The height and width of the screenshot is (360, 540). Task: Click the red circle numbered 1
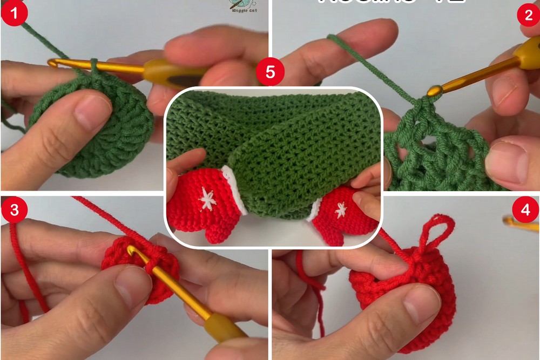[14, 15]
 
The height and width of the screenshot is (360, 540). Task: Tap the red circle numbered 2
[528, 15]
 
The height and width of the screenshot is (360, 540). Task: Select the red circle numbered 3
[14, 209]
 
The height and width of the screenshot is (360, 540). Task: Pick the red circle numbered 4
[526, 209]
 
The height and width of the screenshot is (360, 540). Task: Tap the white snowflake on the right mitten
[341, 209]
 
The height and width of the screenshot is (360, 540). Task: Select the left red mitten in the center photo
[202, 208]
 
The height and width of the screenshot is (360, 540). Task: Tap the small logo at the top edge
[238, 5]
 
